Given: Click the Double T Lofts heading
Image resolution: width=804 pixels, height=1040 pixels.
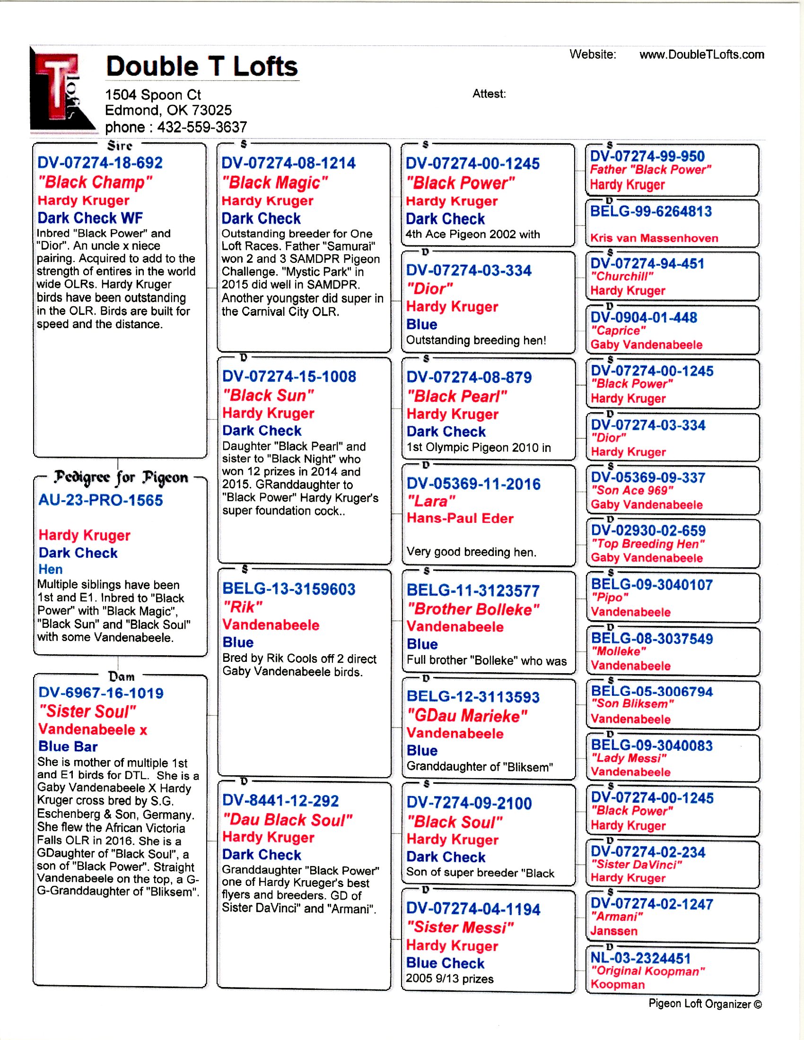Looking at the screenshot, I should point(201,66).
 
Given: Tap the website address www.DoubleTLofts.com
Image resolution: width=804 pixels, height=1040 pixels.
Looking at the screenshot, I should point(701,55).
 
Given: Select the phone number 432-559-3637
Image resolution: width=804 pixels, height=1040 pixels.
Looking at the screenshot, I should point(202,127).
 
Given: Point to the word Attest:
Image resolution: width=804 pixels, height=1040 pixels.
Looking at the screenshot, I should point(489,94).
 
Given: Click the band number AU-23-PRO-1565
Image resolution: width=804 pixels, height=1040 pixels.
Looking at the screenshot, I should point(100,500).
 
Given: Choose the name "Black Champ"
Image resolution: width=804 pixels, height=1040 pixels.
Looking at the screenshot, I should point(95,182).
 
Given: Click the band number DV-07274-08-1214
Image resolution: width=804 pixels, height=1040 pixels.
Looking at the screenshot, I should point(288,164).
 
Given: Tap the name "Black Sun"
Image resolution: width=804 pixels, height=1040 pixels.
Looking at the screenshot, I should point(268,395).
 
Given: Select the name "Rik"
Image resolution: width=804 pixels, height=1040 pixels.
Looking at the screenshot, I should point(243,607).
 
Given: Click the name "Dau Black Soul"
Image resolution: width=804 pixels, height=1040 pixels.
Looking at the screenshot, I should point(288,820).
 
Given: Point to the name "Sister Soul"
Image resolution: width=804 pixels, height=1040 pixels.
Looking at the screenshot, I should point(87,711).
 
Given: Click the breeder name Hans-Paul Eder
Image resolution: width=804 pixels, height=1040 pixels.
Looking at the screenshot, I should point(460,518).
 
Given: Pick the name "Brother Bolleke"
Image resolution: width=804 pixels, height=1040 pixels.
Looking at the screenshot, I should point(473,609).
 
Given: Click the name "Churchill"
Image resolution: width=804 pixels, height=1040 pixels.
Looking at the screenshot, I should point(621,277).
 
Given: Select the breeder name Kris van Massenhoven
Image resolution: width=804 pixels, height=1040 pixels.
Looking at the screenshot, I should point(654,238).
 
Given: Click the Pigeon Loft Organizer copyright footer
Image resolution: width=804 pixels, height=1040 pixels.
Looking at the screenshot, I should point(705,1003).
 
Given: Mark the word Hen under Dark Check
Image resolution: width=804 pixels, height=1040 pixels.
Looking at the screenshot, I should point(51,569).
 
